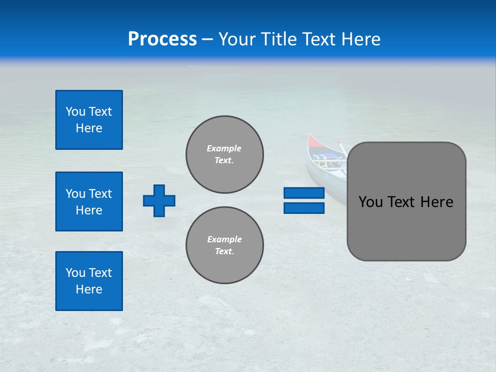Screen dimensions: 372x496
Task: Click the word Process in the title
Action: (x=162, y=39)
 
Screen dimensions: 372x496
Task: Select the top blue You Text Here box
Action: (x=89, y=120)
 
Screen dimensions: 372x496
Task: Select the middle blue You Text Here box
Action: (x=89, y=202)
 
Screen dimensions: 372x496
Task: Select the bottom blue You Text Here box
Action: (x=89, y=281)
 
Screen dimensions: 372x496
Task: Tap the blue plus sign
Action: (x=159, y=200)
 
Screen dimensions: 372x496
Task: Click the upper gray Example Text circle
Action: (x=225, y=154)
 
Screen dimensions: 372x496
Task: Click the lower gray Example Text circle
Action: (x=225, y=245)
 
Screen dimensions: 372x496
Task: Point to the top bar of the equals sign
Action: (x=304, y=193)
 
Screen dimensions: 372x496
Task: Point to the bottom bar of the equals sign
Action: (x=304, y=208)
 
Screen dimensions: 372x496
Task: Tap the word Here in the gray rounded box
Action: (x=437, y=202)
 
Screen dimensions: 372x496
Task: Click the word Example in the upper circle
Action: (x=224, y=148)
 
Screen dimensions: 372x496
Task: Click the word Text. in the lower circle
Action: (x=224, y=252)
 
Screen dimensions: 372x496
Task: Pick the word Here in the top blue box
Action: (x=89, y=128)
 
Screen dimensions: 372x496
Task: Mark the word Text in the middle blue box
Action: (x=100, y=194)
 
